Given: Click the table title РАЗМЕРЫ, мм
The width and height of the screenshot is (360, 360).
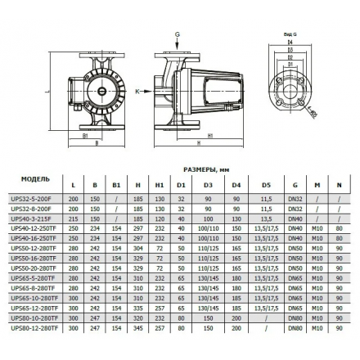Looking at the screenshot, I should pos(209,173).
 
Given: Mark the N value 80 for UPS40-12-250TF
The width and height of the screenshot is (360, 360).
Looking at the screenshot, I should pos(338,232).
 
